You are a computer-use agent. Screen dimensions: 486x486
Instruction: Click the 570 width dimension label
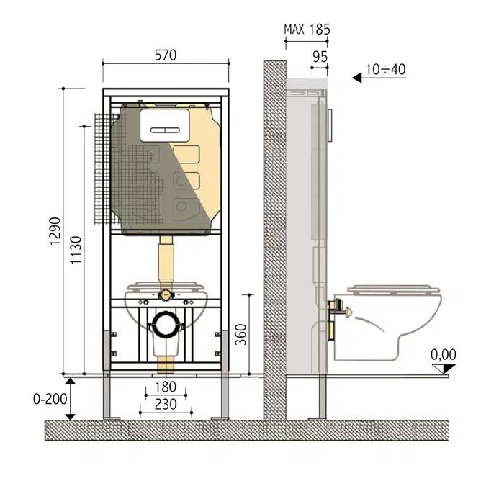(166, 55)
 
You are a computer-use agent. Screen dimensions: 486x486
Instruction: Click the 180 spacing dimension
(165, 388)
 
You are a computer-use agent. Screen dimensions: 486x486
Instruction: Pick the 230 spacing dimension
(166, 405)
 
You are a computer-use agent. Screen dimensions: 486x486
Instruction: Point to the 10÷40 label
(386, 70)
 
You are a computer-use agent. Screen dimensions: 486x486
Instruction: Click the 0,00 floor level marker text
(444, 354)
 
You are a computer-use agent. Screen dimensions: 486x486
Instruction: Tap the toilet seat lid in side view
(392, 289)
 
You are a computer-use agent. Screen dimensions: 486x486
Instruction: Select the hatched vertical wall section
(274, 238)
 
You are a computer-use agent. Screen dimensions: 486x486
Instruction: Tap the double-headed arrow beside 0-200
(71, 398)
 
